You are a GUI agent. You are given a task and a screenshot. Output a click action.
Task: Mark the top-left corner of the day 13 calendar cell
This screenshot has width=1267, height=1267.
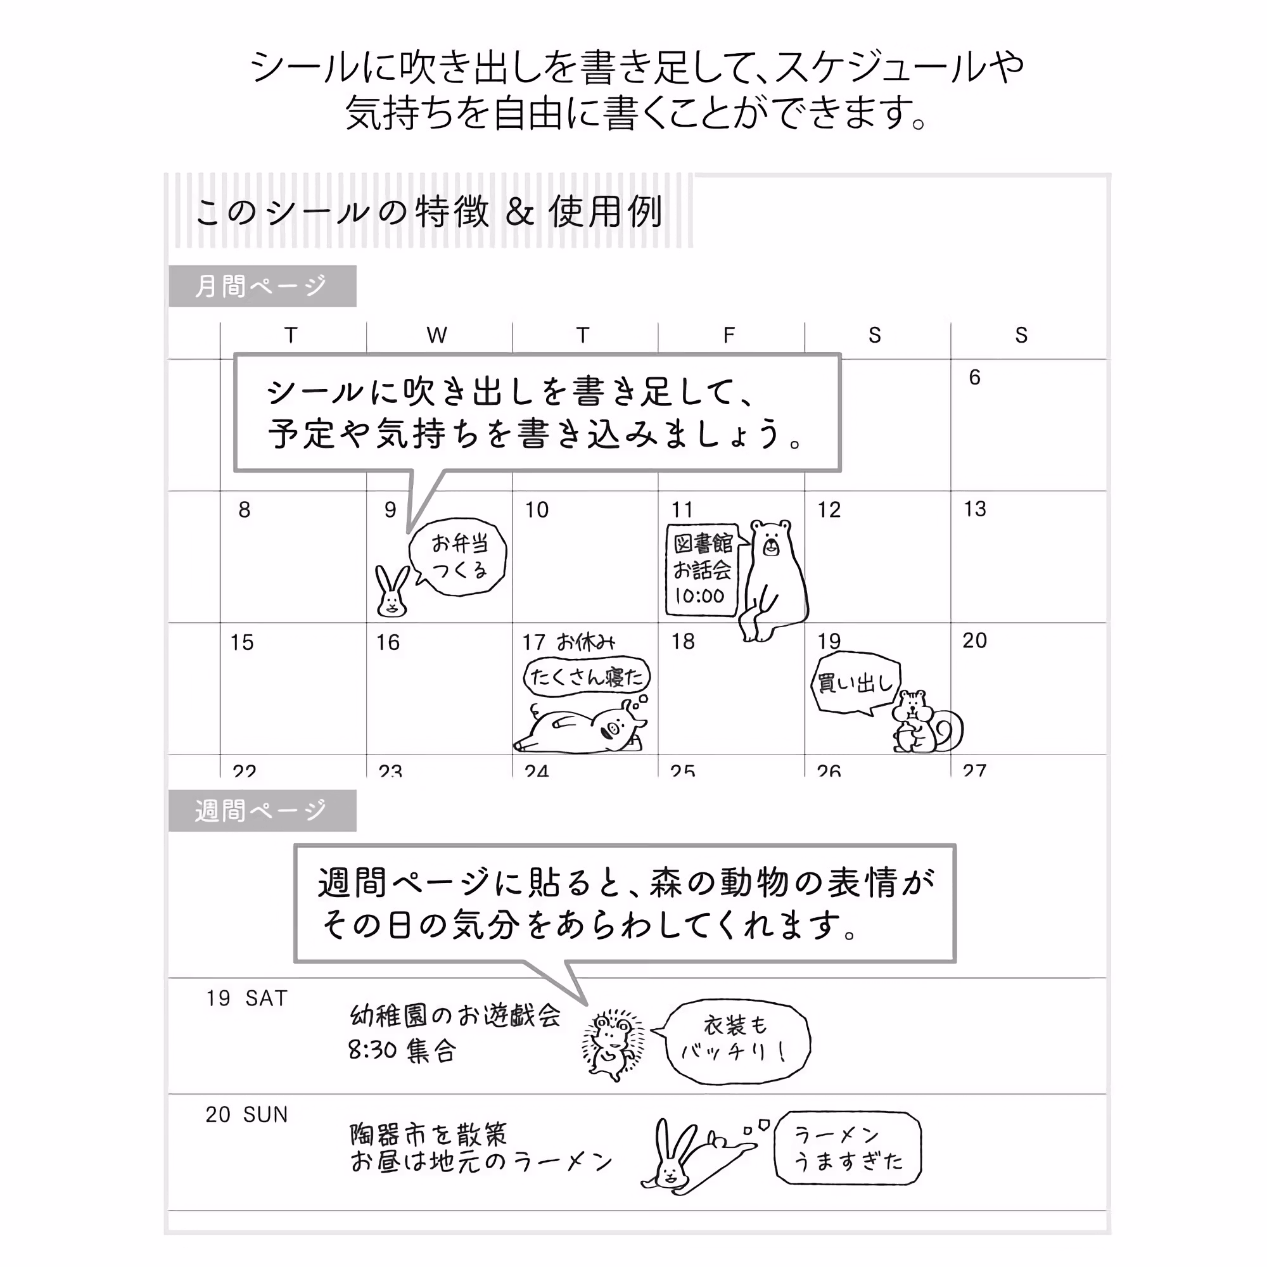[x=951, y=491]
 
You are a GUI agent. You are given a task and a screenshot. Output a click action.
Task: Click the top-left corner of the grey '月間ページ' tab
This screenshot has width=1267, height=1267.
[x=169, y=265]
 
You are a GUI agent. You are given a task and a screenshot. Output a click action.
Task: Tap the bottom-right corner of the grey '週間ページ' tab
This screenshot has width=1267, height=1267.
[x=357, y=832]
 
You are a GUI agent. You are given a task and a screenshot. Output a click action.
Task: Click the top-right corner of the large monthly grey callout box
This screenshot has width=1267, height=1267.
[x=841, y=355]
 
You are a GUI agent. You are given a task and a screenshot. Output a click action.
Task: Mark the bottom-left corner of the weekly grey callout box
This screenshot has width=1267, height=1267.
[x=295, y=962]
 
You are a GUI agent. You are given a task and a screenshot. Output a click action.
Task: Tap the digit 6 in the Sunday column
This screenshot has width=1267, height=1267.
[x=974, y=377]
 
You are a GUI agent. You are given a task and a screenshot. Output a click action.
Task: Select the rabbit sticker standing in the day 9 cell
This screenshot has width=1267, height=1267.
[x=392, y=591]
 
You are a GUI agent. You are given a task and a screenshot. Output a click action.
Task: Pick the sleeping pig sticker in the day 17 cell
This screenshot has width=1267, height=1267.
[x=581, y=724]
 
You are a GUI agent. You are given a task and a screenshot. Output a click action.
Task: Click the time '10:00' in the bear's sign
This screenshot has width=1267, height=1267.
[x=700, y=596]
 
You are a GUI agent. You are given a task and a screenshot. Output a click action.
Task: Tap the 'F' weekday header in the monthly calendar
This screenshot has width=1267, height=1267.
[x=729, y=335]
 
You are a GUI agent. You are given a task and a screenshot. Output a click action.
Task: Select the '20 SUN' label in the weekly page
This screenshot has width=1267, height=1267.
[x=246, y=1114]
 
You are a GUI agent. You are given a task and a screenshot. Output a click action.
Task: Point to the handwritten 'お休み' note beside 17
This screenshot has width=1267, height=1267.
[x=585, y=642]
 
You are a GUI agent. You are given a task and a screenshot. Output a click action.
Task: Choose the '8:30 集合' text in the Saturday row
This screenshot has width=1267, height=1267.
[x=402, y=1051]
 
